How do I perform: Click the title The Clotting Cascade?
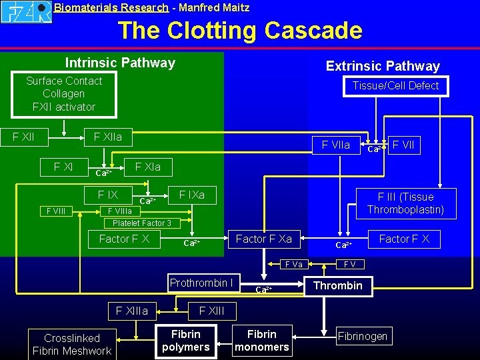(x=240, y=31)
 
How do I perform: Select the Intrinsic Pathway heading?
(x=120, y=63)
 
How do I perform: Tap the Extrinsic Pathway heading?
(x=383, y=66)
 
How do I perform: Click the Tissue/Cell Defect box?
(x=395, y=86)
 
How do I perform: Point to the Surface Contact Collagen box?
(x=64, y=94)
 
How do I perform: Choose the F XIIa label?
(x=108, y=137)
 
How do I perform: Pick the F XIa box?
(x=148, y=167)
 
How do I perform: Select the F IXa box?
(x=191, y=195)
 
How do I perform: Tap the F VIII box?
(x=55, y=211)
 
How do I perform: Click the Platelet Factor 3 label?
(x=142, y=223)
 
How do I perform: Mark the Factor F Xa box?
(x=264, y=239)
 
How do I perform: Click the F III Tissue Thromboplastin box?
(x=405, y=203)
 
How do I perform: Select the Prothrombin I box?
(x=201, y=283)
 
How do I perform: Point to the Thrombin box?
(x=338, y=286)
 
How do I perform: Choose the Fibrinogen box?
(x=363, y=336)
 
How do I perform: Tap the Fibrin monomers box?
(x=262, y=341)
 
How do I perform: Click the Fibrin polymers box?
(x=186, y=341)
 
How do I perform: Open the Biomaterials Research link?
(x=111, y=8)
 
